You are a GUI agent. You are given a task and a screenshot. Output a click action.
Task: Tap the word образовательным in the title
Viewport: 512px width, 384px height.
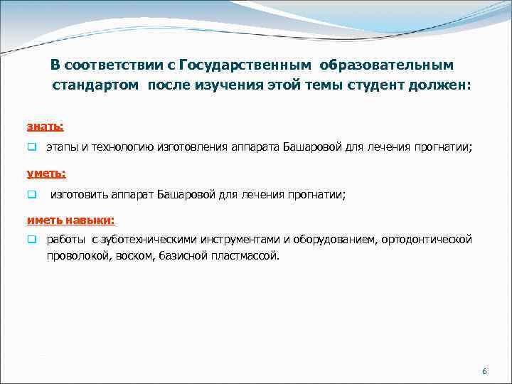[x=385, y=65]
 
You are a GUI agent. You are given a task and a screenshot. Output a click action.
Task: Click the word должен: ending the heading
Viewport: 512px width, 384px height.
[x=446, y=86]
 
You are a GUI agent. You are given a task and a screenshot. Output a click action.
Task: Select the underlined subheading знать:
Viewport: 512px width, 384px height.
[x=45, y=126]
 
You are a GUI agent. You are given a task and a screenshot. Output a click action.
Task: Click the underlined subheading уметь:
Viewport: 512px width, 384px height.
[x=46, y=173]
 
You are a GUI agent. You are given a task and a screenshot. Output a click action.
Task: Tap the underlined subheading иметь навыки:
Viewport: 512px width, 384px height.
[x=70, y=220]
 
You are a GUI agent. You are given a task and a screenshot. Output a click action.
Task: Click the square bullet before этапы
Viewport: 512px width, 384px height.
[x=31, y=147]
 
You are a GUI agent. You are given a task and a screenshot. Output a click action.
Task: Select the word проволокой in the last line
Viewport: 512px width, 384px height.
[x=73, y=255]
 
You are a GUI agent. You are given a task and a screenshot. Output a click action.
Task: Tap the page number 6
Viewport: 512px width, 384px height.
[x=484, y=372]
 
